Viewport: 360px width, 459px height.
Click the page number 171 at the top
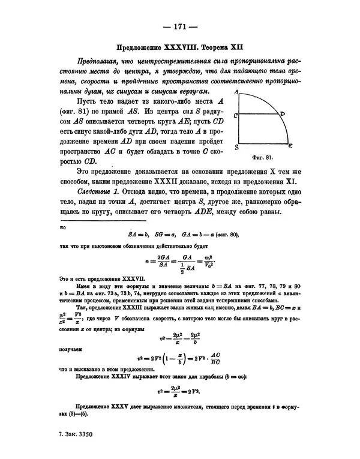[179, 26]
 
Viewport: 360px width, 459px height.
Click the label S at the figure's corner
[238, 146]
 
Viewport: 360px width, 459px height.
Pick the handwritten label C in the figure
[237, 114]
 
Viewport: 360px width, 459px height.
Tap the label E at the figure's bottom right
[291, 146]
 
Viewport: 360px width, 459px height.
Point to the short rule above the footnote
[78, 223]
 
